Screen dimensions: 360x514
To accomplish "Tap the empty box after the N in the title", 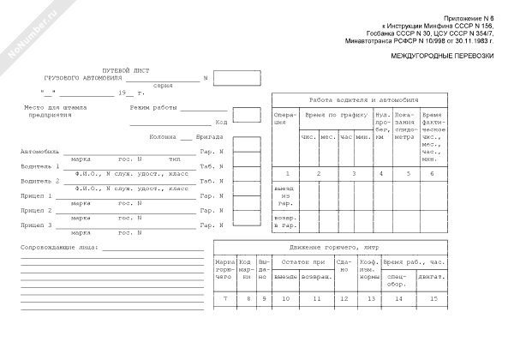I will point(236,80).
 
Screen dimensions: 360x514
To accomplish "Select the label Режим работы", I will point(152,108).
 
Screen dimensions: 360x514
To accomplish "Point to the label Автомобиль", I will point(39,152).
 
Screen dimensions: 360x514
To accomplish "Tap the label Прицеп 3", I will point(36,225).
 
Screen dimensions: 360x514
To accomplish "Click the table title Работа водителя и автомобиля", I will point(357,99).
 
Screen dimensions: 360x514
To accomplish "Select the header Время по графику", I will point(335,114).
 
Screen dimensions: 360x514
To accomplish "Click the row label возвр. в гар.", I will point(284,221).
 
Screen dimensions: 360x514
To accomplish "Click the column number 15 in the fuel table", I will point(433,297).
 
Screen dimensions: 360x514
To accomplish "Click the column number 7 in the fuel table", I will point(224,297).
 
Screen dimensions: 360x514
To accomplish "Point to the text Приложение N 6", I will point(470,19).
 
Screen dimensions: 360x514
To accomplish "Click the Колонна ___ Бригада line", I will point(180,136).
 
